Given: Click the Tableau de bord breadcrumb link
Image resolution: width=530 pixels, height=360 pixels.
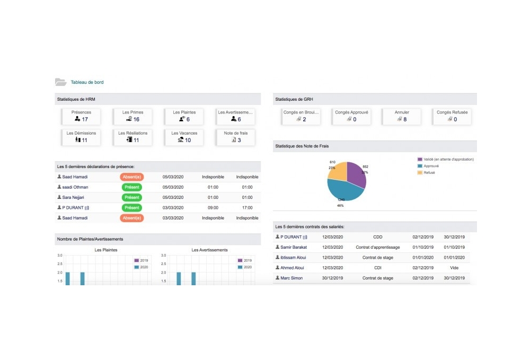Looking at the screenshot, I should [87, 82].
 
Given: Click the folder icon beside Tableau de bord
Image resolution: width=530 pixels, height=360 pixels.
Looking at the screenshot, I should [61, 82].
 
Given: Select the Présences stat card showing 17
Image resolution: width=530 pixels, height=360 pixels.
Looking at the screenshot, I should [81, 116].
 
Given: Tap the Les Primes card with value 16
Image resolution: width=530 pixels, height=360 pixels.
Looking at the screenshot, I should [132, 116].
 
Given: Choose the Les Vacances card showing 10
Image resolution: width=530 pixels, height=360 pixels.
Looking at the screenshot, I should [184, 137].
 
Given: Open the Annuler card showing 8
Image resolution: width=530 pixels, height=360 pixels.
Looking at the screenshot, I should [402, 116].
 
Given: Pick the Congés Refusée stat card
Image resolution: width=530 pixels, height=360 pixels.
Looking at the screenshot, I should [452, 116].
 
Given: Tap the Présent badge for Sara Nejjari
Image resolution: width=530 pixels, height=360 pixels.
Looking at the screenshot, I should [132, 197].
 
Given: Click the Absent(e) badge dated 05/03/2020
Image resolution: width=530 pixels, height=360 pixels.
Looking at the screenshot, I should [132, 177].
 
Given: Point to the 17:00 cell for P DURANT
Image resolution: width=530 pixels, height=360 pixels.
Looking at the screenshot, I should [247, 208].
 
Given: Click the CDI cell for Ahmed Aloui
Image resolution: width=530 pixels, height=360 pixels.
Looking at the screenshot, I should [377, 268].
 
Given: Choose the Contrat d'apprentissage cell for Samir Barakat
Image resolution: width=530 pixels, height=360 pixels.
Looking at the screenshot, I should [377, 248].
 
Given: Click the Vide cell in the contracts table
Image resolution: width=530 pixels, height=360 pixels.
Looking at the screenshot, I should [454, 268].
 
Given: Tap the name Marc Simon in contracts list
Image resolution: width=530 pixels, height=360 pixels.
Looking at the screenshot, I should [291, 278].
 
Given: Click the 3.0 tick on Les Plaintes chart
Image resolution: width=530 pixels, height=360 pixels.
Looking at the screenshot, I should [59, 256].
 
